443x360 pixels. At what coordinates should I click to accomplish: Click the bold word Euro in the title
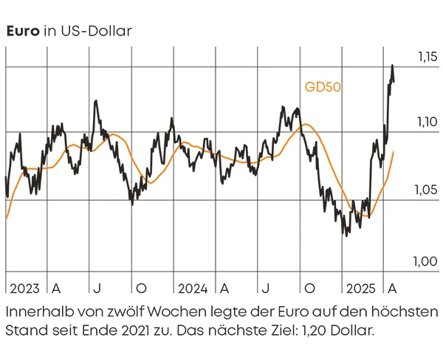point(22,31)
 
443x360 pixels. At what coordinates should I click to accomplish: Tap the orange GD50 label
point(323,86)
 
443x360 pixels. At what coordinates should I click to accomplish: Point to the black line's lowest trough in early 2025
point(346,235)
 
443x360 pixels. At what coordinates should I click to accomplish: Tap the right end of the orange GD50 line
point(394,151)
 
